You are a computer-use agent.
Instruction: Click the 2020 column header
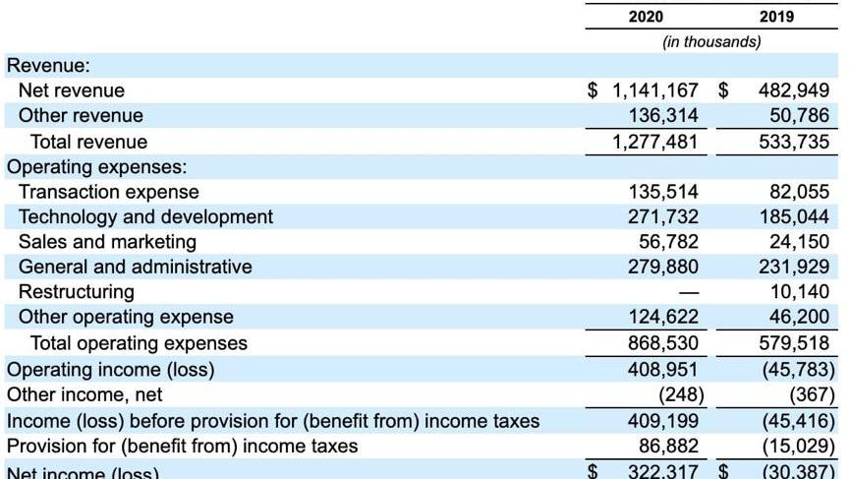pos(646,17)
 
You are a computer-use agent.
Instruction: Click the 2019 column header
pos(776,17)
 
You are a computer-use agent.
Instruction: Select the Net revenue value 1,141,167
pos(655,90)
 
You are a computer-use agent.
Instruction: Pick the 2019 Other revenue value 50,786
pos(795,116)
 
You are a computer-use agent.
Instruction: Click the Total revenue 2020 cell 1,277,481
pos(655,142)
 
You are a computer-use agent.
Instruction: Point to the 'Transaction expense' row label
pos(108,192)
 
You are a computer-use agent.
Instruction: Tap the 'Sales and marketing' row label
pos(107,242)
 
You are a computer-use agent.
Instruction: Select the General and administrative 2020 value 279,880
pos(663,267)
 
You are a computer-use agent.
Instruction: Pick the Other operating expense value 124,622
pos(663,317)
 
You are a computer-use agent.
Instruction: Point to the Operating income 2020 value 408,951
pos(663,369)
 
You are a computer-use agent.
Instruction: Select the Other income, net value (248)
pos(677,394)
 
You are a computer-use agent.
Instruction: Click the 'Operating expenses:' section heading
pos(97,166)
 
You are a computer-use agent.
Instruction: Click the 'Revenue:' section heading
pos(48,66)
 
